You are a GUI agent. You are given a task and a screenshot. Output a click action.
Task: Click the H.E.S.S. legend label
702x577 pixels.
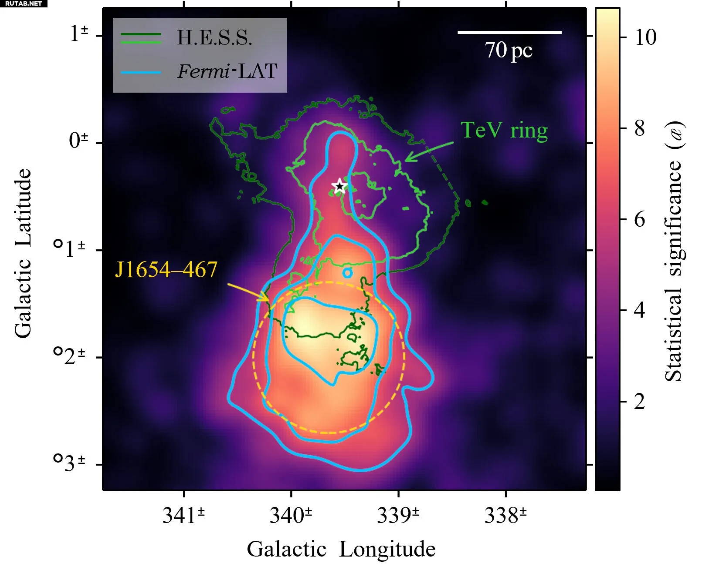(x=214, y=38)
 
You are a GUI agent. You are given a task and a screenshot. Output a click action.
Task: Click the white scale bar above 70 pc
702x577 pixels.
(x=509, y=32)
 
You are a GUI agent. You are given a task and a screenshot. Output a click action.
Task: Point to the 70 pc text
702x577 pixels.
(x=508, y=50)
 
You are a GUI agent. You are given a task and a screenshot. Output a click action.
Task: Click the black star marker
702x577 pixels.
(x=339, y=186)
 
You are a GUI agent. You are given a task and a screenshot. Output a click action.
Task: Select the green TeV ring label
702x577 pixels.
(x=504, y=130)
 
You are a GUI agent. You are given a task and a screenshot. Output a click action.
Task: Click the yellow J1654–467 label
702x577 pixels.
(x=166, y=269)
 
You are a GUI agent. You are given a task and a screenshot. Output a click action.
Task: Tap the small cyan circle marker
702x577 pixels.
(x=347, y=273)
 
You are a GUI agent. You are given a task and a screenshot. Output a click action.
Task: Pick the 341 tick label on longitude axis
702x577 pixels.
(x=183, y=516)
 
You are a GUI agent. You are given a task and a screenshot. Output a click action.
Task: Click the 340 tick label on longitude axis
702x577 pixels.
(x=291, y=516)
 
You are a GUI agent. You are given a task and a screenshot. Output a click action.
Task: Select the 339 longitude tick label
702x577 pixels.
(x=398, y=516)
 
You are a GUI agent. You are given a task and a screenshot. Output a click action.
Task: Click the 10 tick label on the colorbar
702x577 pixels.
(x=645, y=37)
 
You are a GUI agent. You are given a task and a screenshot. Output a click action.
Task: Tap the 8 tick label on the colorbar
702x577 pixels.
(x=639, y=128)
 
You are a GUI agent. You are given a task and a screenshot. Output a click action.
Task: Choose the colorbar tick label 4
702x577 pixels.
(x=639, y=310)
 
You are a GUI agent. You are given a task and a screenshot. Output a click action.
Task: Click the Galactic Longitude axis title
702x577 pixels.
(x=341, y=549)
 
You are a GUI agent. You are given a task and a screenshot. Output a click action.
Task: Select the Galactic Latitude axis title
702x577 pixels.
(x=23, y=253)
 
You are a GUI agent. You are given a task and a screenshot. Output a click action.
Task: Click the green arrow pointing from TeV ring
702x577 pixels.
(x=429, y=151)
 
